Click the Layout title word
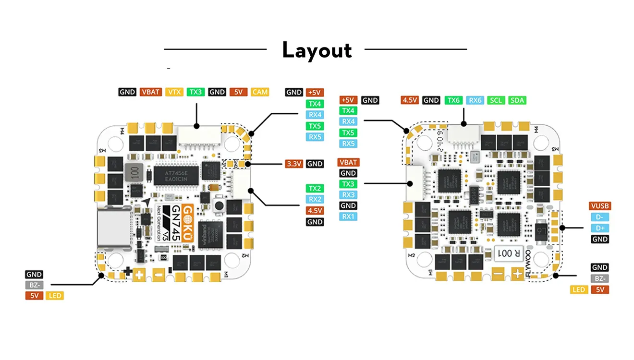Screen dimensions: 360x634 point(317,50)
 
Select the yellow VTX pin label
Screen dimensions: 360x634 point(174,92)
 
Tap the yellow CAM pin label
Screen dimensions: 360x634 point(260,92)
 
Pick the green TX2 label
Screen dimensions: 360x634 point(315,188)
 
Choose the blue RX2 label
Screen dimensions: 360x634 point(315,199)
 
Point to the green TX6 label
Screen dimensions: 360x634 point(454,100)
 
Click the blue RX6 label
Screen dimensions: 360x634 point(475,100)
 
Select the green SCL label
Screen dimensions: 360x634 point(496,100)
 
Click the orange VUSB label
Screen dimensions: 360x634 point(599,206)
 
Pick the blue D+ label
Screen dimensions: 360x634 point(599,228)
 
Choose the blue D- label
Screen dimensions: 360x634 point(599,217)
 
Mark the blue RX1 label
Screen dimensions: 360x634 point(348,216)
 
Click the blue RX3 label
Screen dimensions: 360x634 point(348,195)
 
